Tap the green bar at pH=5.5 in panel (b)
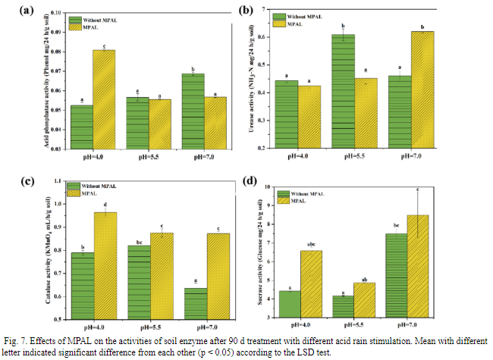tap(343, 92)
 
